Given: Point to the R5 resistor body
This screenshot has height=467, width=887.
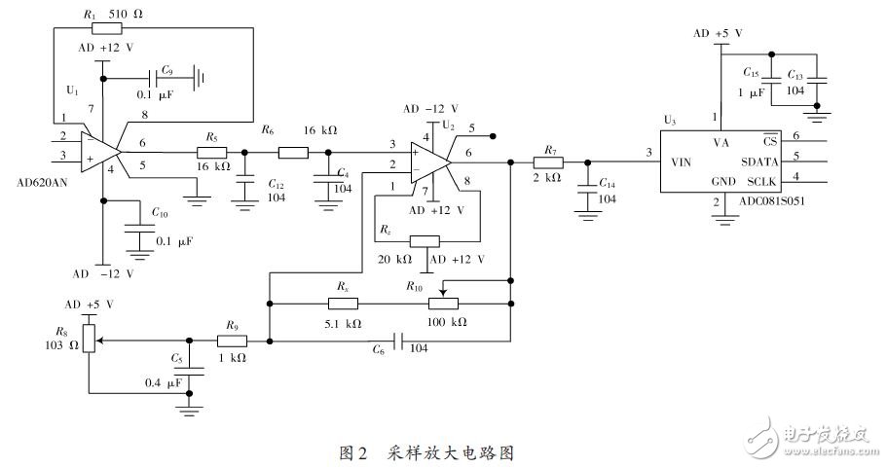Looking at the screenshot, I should (x=211, y=152).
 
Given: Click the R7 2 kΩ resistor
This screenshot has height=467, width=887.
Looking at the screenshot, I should (x=549, y=162).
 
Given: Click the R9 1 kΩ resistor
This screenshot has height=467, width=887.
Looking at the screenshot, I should (x=232, y=341).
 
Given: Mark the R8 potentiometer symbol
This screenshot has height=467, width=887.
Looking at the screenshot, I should (x=89, y=338).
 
